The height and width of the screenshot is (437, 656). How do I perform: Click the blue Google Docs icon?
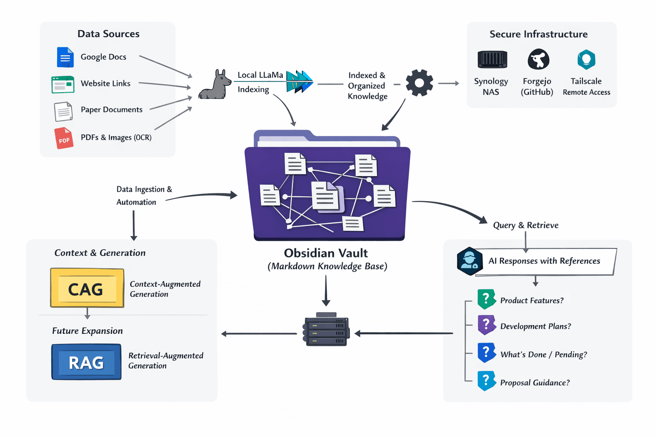[65, 57]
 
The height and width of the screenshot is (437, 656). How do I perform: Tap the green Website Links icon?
[63, 84]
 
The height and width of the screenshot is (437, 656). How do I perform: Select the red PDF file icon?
[64, 138]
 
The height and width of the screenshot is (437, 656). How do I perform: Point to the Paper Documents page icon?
[63, 111]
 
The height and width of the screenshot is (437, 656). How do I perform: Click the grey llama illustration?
[214, 85]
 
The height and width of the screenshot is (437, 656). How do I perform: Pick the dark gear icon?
[419, 83]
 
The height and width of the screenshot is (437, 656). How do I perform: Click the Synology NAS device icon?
[492, 59]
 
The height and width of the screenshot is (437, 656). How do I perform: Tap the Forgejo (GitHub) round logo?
[538, 59]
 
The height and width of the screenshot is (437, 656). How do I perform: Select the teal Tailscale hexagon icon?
[586, 59]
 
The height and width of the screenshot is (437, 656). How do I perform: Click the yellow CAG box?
[87, 288]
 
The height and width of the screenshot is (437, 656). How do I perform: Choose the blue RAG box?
[86, 362]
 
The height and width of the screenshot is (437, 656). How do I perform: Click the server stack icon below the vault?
[326, 330]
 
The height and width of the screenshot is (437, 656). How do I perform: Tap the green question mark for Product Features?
[486, 299]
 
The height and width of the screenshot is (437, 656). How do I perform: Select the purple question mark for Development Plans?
[486, 325]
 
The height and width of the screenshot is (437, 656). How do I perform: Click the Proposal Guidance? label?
[535, 383]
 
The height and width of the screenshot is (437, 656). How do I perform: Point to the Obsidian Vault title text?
[326, 253]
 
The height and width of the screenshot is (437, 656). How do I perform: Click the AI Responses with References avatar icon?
[469, 261]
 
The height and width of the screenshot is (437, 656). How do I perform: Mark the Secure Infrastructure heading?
[538, 34]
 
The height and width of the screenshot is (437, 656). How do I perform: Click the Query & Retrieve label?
[525, 225]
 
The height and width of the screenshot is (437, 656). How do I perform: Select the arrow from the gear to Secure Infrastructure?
[448, 83]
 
